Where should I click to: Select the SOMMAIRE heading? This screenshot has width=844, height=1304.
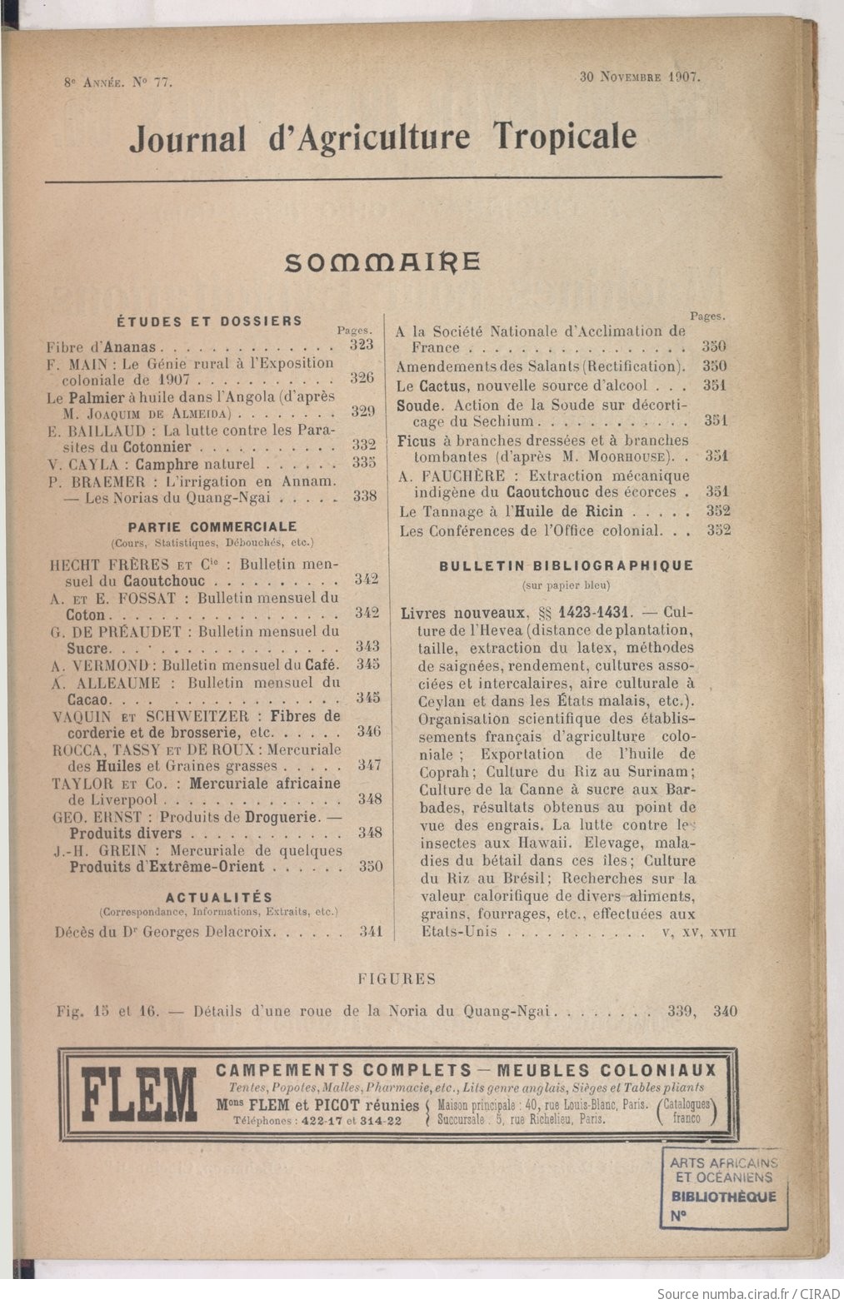(x=382, y=262)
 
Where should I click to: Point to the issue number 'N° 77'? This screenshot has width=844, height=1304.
(x=151, y=82)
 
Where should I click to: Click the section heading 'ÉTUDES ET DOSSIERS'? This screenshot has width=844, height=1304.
(x=209, y=321)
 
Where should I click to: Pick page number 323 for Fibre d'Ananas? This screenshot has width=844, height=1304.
(x=362, y=345)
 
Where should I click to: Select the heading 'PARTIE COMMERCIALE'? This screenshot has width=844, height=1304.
(x=212, y=526)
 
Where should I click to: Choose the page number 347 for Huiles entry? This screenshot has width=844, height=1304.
(x=369, y=765)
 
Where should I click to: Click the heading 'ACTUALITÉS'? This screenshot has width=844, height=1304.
(x=219, y=897)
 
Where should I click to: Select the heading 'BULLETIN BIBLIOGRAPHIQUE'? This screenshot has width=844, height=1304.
(x=566, y=565)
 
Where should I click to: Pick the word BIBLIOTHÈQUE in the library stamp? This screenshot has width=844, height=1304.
(x=724, y=1197)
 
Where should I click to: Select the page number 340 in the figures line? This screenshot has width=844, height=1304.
(x=725, y=1012)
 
